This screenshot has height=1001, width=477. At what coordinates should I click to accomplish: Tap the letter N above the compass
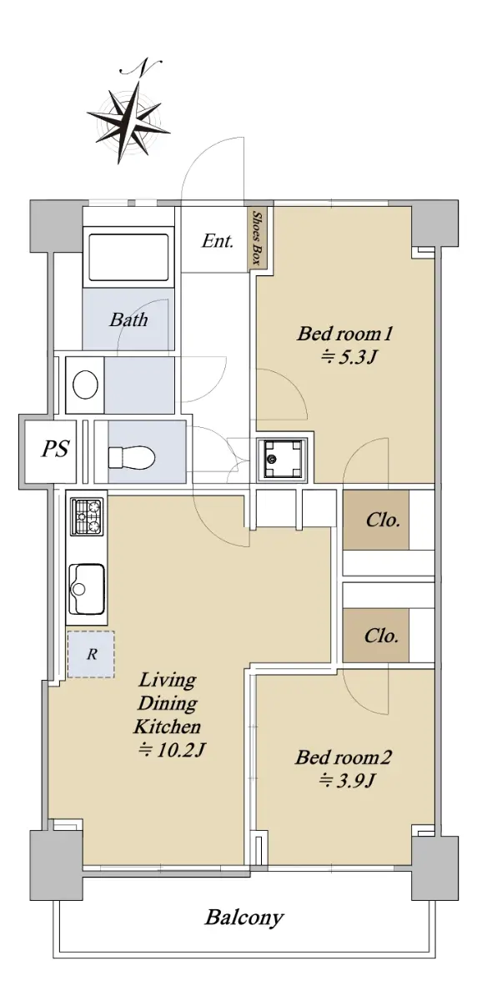[141, 67]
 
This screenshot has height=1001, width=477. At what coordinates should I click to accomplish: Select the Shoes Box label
[257, 238]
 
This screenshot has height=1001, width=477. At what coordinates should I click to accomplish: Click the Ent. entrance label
[217, 241]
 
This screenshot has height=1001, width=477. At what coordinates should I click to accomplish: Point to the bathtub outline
[128, 257]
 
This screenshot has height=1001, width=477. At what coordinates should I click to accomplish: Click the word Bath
[128, 319]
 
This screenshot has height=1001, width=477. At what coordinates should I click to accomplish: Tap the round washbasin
[85, 385]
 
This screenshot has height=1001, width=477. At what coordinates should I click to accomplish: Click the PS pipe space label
[55, 448]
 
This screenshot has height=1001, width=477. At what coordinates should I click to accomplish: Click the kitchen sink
[87, 588]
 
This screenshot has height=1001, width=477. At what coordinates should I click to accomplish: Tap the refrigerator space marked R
[91, 654]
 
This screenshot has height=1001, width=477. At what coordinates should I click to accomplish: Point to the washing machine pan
[282, 459]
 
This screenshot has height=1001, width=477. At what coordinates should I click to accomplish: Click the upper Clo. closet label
[382, 520]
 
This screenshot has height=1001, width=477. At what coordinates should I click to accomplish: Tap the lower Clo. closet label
[381, 636]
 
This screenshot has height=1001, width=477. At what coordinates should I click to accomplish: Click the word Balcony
[244, 918]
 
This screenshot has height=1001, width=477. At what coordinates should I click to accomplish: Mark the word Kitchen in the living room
[167, 727]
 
